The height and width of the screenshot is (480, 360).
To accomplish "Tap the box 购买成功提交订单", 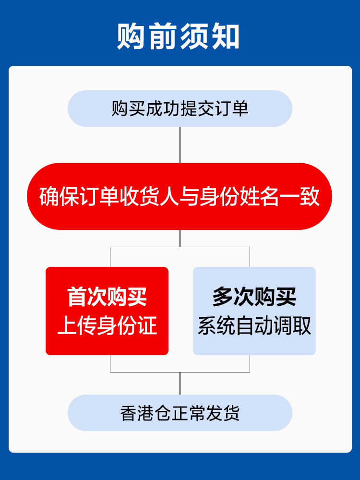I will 180,108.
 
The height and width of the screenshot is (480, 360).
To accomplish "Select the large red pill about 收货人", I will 180,196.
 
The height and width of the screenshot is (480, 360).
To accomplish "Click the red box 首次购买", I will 107,311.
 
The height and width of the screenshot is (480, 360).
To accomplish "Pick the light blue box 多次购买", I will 254,311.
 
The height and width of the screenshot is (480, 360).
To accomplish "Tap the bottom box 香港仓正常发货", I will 180,413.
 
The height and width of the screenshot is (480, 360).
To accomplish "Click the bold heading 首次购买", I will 107,297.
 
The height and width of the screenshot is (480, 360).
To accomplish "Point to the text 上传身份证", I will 107,326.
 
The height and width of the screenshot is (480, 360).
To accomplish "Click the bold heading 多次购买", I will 254,297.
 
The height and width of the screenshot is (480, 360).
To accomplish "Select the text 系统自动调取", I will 254,326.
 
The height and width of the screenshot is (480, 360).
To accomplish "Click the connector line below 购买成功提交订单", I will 180,144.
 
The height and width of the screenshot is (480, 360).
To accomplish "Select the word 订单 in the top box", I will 231,108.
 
